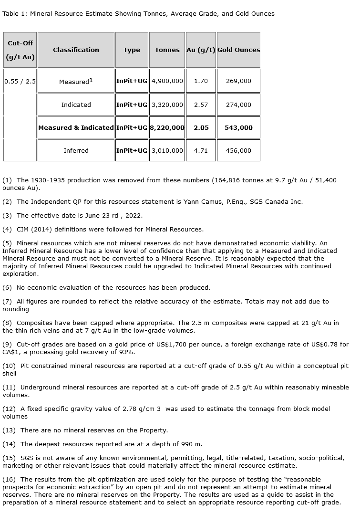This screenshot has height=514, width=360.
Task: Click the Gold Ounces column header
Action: [x=238, y=50]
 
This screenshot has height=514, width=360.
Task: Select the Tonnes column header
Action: [x=167, y=50]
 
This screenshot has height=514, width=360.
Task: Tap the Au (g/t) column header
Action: [x=201, y=50]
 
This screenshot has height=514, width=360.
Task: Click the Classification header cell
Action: [x=76, y=50]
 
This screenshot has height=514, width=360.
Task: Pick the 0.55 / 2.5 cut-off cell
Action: [x=20, y=81]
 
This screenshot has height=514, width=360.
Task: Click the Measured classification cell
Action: [x=76, y=81]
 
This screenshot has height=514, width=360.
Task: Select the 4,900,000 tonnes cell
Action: [x=167, y=81]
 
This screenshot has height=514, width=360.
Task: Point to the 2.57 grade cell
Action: [x=201, y=105]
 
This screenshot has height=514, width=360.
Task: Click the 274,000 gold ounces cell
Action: [x=238, y=105]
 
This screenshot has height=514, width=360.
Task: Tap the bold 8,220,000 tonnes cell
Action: [x=167, y=127]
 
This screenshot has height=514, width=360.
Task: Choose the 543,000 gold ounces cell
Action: [x=238, y=127]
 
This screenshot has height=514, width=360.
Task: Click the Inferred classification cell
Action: [x=76, y=150]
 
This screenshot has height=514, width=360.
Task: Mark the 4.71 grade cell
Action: [x=201, y=150]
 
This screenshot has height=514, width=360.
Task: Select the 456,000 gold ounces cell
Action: [x=238, y=150]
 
